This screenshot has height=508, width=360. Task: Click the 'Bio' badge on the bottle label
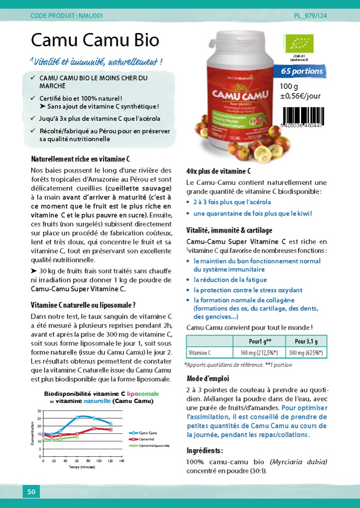point(239,82)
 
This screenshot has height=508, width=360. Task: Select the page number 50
point(31,491)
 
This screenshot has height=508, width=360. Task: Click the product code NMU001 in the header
point(67,16)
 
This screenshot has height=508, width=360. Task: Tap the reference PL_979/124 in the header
point(310,16)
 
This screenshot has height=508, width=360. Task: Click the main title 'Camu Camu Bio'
point(95,40)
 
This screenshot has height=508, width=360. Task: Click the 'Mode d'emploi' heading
point(207,379)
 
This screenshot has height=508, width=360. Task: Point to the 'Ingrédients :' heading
point(204,451)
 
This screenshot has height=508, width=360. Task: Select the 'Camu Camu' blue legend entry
point(147,432)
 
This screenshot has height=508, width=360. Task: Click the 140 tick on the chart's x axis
point(122,461)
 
